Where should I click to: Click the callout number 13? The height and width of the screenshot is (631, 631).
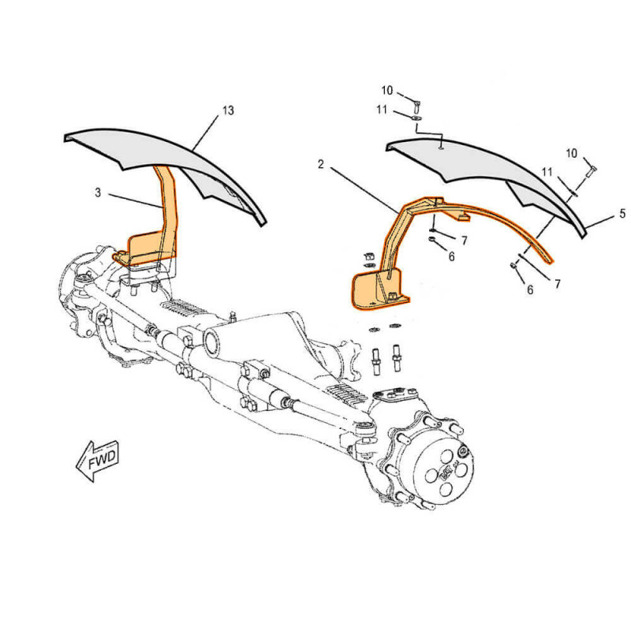coord(228,110)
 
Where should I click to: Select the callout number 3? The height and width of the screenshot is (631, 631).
coord(98,192)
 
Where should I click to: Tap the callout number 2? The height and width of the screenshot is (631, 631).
coord(321,164)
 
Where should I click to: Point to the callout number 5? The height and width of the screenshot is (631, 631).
coord(622,213)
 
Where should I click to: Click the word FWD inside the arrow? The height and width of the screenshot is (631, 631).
coord(102,460)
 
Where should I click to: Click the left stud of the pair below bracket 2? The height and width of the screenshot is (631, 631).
coord(377,361)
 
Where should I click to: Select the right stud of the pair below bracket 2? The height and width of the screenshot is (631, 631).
coord(397,358)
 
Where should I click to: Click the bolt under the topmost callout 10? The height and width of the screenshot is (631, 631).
coord(417,106)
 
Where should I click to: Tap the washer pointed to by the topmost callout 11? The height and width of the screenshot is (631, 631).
coord(417,118)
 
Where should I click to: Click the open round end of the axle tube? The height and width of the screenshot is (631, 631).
coord(211,342)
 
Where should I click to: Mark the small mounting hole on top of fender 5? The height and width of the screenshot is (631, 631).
coord(442,148)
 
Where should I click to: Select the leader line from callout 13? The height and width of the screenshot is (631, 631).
coord(206,133)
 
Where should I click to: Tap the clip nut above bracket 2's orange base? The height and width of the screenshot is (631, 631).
coord(368,257)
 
